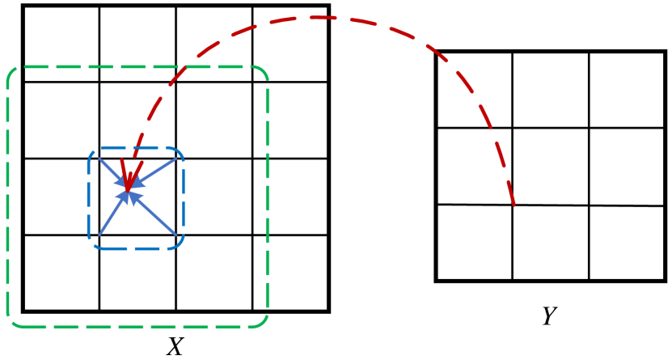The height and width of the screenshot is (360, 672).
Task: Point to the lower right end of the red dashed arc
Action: (514, 204)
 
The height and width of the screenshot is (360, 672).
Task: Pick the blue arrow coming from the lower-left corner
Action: (112, 214)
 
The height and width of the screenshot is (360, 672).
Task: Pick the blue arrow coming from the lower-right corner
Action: (158, 217)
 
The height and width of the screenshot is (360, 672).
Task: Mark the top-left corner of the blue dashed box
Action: (92, 151)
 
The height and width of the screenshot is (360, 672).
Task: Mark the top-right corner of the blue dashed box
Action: (180, 151)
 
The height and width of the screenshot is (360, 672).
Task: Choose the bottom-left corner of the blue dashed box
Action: (92, 244)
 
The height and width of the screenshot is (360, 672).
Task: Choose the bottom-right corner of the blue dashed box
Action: (180, 244)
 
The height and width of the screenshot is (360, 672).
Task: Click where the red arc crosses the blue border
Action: (136, 148)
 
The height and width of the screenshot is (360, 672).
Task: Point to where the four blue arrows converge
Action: (129, 192)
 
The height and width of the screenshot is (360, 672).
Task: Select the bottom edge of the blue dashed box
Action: (136, 248)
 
